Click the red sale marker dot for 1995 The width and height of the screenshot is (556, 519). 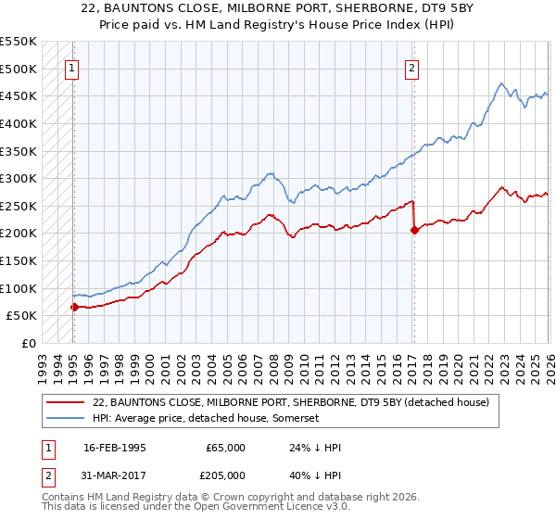point(74,307)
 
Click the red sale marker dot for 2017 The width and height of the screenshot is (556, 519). point(414,231)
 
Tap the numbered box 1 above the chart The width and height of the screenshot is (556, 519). point(72,67)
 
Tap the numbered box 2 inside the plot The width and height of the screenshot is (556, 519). point(411,67)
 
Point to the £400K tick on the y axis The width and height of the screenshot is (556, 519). point(19,123)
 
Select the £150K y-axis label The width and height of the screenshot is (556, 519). point(19,260)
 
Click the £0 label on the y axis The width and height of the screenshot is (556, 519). point(28,343)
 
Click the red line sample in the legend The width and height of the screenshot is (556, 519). point(66,402)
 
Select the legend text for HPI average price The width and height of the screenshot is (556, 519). point(206,419)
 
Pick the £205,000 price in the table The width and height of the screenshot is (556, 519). point(226,475)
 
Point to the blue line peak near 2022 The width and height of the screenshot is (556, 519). point(499,83)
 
